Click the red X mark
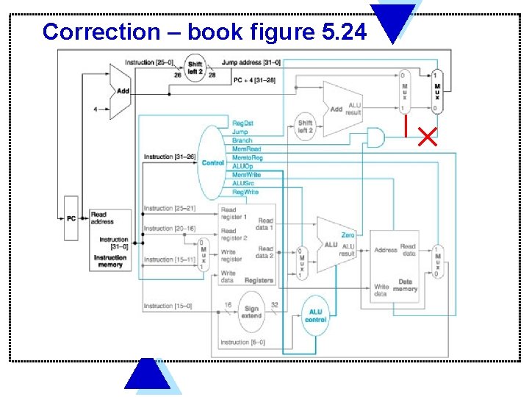pos(427,137)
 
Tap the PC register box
pos(71,218)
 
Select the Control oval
pos(213,162)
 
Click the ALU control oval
pos(316,315)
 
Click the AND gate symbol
pos(375,137)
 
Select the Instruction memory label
pos(110,261)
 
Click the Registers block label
pos(259,280)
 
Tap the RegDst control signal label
pos(243,124)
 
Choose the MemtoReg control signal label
pos(248,157)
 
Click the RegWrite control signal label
pos(245,192)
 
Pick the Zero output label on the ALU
pos(348,235)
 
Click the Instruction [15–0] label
pos(168,306)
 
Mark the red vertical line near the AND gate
pos(404,126)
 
